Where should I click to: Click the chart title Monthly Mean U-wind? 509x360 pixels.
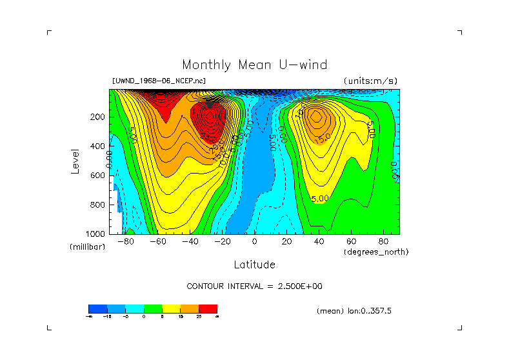[x=254, y=65]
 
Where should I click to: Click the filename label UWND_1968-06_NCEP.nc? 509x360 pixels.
[x=159, y=81]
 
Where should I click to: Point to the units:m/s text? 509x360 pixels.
[x=370, y=81]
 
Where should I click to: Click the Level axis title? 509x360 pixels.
[x=75, y=161]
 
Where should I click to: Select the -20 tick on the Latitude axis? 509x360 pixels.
[x=221, y=241]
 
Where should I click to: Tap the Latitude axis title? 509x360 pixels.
[x=254, y=265]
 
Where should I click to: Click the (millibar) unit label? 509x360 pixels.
[x=87, y=247]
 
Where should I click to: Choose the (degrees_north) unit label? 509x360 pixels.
[x=376, y=252]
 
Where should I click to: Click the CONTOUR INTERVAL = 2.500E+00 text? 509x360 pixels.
[x=254, y=286]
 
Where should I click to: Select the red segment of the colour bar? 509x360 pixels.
[x=208, y=308]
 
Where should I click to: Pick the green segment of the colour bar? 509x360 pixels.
[x=152, y=308]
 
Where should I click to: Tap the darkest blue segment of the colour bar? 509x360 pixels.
[x=97, y=308]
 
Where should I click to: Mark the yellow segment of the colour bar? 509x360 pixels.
[x=171, y=308]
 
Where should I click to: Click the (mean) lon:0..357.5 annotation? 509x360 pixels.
[x=354, y=311]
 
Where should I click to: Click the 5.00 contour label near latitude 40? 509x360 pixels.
[x=321, y=198]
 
